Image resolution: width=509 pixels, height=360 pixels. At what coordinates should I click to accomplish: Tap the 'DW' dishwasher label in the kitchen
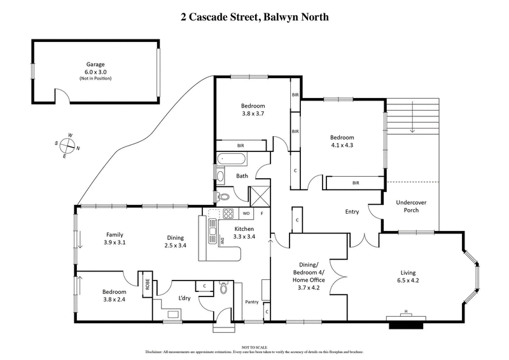click(x=223, y=240)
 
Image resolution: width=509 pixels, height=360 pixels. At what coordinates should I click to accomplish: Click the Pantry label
click(x=252, y=302)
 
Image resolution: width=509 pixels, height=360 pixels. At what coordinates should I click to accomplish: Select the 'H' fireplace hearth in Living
click(x=406, y=312)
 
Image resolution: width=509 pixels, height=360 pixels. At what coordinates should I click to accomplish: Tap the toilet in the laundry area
click(x=223, y=288)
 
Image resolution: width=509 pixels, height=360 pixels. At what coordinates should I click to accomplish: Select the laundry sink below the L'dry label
click(x=173, y=313)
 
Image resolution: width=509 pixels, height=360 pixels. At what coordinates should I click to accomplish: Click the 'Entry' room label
click(x=352, y=212)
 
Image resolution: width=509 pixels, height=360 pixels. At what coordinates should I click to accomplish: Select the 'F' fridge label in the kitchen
click(x=261, y=213)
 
